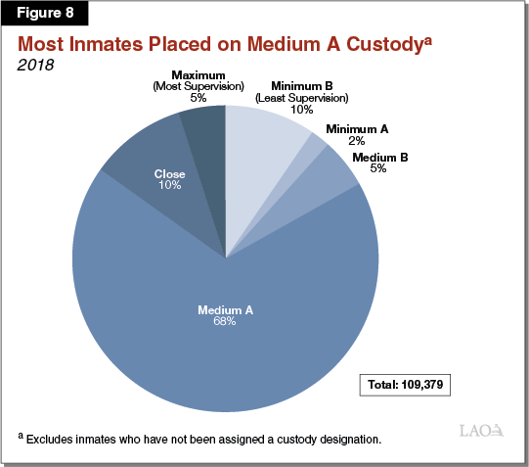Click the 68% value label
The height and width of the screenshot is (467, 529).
coord(225,322)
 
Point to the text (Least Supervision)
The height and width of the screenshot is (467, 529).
coord(302,99)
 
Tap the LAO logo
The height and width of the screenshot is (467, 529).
coord(480,430)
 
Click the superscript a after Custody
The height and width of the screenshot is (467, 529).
coord(435,39)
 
